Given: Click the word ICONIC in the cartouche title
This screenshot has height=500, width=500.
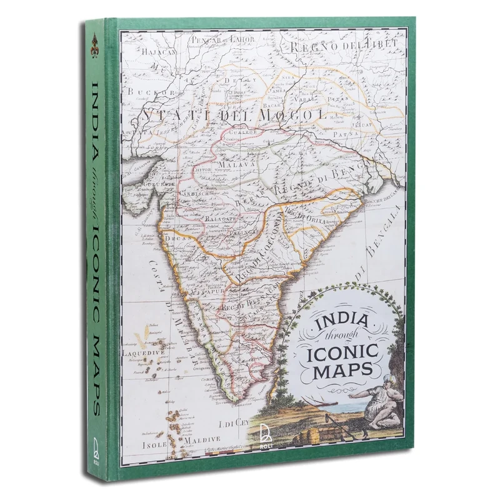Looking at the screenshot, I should [x=340, y=356].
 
